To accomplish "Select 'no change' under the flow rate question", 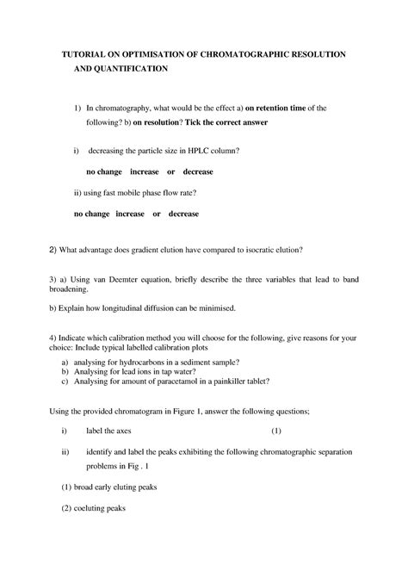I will coord(91,213).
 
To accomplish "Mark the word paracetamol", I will coord(186,380).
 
